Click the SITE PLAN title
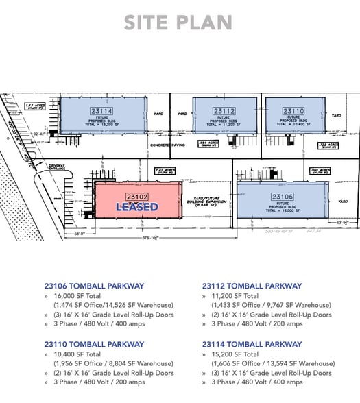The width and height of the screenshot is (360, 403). [178, 22]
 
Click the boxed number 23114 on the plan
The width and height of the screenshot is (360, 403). [101, 110]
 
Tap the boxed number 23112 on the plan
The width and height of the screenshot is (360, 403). [224, 110]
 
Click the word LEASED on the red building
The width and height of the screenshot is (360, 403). [137, 206]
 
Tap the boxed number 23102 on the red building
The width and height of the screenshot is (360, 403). [138, 196]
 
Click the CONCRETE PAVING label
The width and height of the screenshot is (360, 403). [168, 145]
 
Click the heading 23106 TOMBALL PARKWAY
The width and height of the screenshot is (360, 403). [94, 286]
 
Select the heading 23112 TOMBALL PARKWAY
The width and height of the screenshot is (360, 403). [252, 286]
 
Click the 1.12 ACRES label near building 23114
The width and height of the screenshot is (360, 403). [35, 106]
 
